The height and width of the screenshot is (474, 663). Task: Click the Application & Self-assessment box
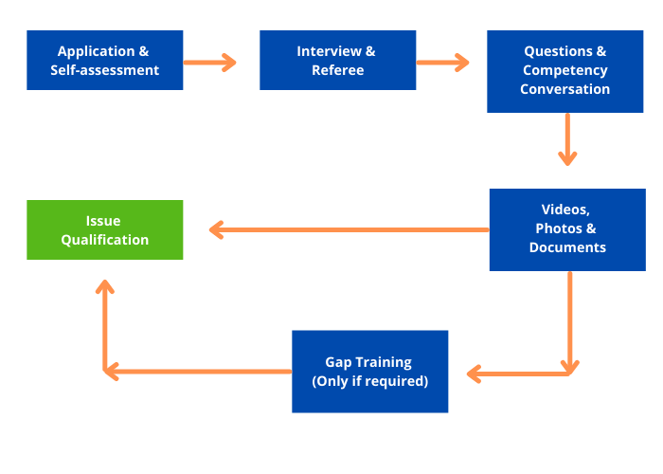pyautogui.click(x=104, y=61)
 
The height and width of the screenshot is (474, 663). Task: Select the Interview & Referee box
pyautogui.click(x=337, y=61)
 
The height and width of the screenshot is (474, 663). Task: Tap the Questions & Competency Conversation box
pyautogui.click(x=564, y=71)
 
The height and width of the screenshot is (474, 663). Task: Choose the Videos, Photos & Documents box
pyautogui.click(x=566, y=229)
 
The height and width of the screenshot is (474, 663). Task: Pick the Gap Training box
pyautogui.click(x=369, y=372)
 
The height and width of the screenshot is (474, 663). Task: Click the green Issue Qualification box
pyautogui.click(x=104, y=229)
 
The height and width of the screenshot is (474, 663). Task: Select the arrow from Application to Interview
pyautogui.click(x=209, y=63)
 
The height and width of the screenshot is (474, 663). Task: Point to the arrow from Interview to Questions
pyautogui.click(x=442, y=63)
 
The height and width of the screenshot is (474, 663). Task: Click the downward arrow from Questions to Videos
pyautogui.click(x=567, y=139)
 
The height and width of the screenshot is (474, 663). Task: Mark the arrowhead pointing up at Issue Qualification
pyautogui.click(x=105, y=285)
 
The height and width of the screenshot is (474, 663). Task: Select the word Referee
pyautogui.click(x=337, y=70)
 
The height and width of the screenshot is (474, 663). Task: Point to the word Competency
pyautogui.click(x=564, y=70)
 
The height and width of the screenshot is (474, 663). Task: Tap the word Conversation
pyautogui.click(x=564, y=89)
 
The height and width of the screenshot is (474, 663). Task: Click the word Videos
pyautogui.click(x=565, y=210)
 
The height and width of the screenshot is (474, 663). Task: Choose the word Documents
pyautogui.click(x=567, y=247)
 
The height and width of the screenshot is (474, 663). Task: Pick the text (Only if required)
pyautogui.click(x=369, y=381)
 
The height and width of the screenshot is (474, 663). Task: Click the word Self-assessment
pyautogui.click(x=104, y=70)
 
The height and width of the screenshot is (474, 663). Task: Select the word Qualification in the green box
pyautogui.click(x=104, y=240)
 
